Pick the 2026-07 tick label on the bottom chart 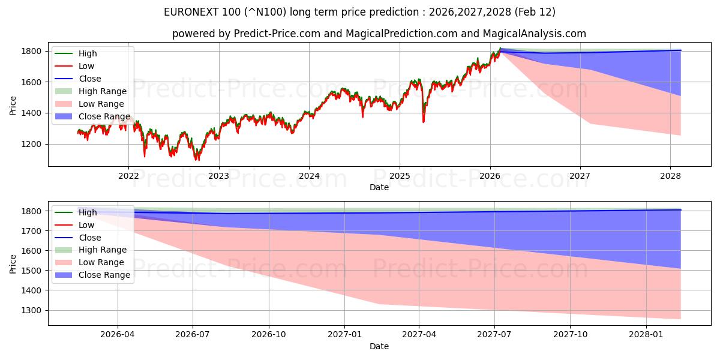pyautogui.click(x=193, y=334)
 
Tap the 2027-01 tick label pyautogui.click(x=344, y=334)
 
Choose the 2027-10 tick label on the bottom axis pyautogui.click(x=571, y=334)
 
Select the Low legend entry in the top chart pyautogui.click(x=86, y=66)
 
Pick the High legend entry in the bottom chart pyautogui.click(x=88, y=212)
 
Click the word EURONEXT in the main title pyautogui.click(x=193, y=12)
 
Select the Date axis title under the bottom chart pyautogui.click(x=379, y=346)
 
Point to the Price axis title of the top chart pyautogui.click(x=13, y=105)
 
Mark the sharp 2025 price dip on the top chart pyautogui.click(x=424, y=120)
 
